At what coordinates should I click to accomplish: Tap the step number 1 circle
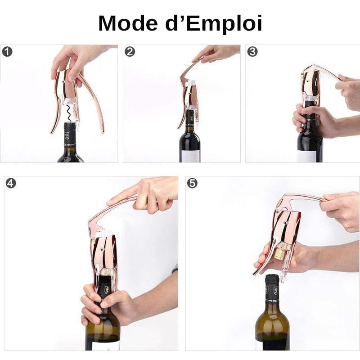tap(7, 51)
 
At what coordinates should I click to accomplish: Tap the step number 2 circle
tap(130, 51)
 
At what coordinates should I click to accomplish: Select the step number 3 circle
tap(252, 51)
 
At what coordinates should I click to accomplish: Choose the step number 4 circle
tap(11, 183)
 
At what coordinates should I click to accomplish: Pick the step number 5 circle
tap(192, 183)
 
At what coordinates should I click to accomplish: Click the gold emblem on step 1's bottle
tap(67, 135)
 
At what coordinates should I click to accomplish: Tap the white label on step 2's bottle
tap(190, 156)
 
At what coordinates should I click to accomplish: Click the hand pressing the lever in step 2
tap(216, 54)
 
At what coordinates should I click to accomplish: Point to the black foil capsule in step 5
tap(272, 288)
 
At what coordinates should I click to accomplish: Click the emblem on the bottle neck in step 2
tap(192, 118)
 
